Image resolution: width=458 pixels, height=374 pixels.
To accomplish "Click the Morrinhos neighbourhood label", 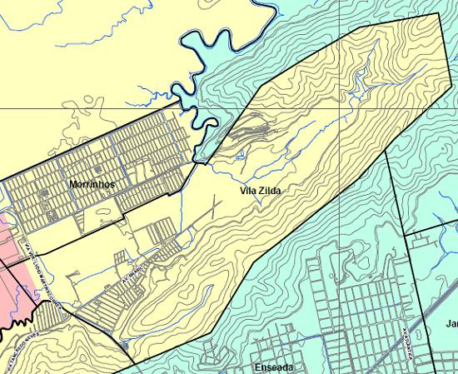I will coord(92,184).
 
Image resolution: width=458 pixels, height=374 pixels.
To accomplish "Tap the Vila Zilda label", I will coord(261,191).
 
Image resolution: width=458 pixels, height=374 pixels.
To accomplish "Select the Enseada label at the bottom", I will coord(273,367).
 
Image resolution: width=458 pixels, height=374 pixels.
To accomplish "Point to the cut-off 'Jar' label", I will coord(451,323).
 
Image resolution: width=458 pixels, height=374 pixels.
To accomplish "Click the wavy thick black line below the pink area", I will coord(17,333).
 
